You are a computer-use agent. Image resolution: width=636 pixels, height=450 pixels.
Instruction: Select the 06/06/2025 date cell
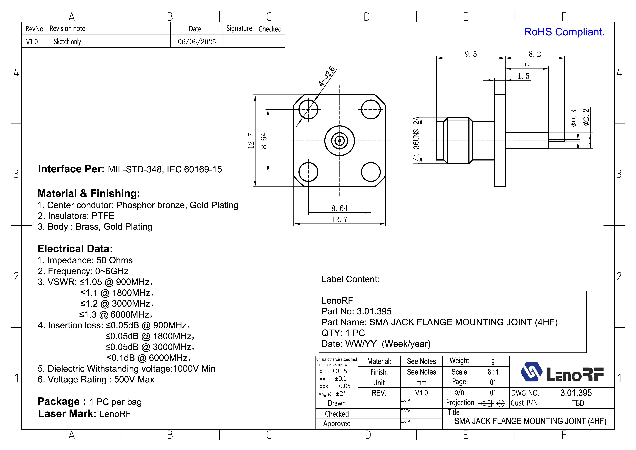point(197,42)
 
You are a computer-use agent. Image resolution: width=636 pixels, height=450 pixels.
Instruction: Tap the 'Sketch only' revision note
point(67,42)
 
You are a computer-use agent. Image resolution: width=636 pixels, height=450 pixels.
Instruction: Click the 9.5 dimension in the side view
point(471,54)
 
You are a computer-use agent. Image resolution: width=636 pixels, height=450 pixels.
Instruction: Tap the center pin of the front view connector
point(340,141)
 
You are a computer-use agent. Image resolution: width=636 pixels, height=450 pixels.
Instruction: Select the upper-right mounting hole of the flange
point(371,110)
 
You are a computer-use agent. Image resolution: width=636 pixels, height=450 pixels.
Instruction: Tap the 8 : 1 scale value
point(493,372)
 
